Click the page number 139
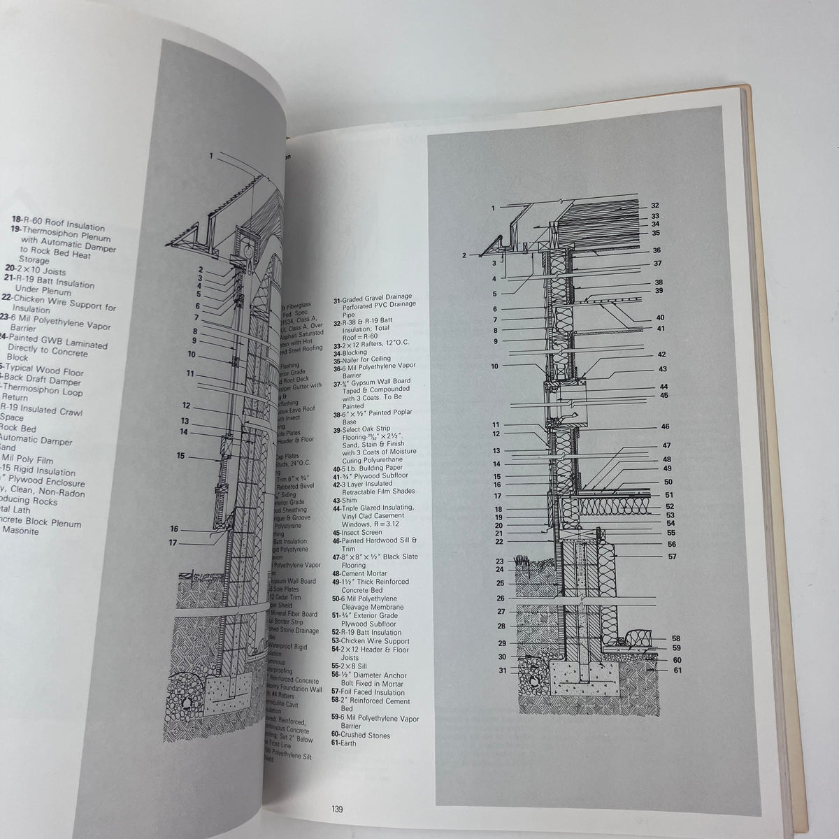(336, 810)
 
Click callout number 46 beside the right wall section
(665, 426)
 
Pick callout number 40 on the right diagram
(660, 318)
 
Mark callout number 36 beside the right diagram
(657, 250)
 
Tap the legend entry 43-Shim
(347, 500)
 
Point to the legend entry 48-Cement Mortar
(362, 572)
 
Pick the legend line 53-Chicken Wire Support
(371, 640)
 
